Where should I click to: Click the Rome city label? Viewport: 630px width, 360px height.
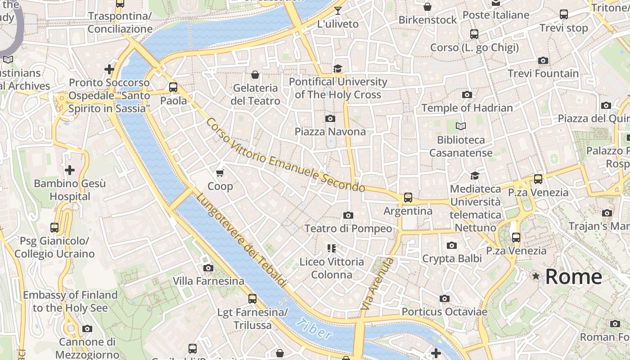[x=573, y=276]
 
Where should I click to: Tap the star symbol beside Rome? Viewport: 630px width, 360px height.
[x=535, y=276]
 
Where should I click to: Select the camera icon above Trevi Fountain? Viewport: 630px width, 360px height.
[x=543, y=60]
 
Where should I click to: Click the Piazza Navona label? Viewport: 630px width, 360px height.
[x=330, y=131]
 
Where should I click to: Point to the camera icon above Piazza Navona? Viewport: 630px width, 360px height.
[x=330, y=118]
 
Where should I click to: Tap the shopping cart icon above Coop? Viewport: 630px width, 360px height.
[x=220, y=173]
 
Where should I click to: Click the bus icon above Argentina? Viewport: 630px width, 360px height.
[x=408, y=197]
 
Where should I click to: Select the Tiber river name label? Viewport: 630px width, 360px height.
[x=315, y=329]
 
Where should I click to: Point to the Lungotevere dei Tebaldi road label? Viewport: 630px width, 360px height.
[x=241, y=240]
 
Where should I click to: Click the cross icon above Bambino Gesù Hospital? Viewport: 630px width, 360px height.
[x=70, y=170]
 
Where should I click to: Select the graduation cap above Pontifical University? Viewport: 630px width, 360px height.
[x=337, y=68]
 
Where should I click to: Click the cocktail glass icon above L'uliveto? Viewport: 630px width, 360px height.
[x=338, y=10]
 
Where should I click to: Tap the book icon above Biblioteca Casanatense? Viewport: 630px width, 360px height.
[x=460, y=126]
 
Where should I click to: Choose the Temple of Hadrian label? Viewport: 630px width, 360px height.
[x=467, y=108]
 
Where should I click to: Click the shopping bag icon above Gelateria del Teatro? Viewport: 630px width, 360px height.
[x=255, y=74]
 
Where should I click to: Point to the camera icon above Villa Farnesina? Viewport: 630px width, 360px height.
[x=208, y=268]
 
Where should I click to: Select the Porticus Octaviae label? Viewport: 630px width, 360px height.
[x=444, y=312]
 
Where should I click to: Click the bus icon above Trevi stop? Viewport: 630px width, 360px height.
[x=564, y=14]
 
